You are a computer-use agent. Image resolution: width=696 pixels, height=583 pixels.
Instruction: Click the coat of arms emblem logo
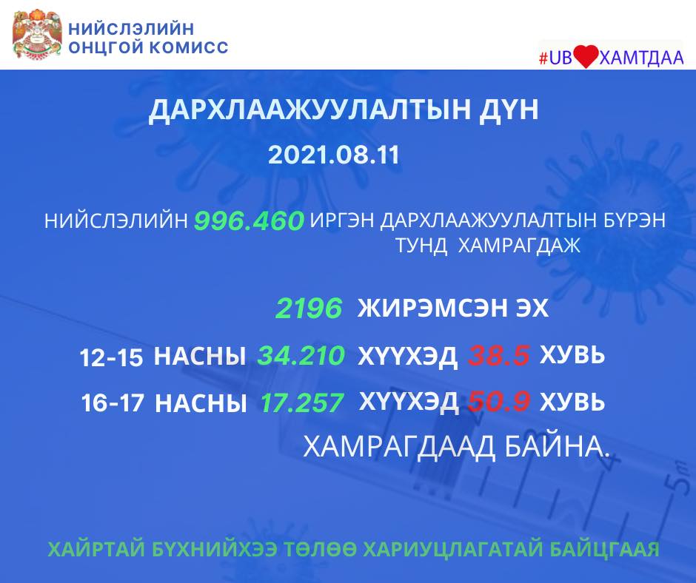pyautogui.click(x=36, y=34)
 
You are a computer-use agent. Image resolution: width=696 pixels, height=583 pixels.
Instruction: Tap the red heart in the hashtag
pyautogui.click(x=586, y=57)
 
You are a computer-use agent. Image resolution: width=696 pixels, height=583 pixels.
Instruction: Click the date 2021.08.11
pyautogui.click(x=334, y=155)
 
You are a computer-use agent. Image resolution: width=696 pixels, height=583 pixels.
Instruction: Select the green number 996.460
pyautogui.click(x=249, y=220)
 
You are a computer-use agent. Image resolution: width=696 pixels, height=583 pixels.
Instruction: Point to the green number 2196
pyautogui.click(x=309, y=309)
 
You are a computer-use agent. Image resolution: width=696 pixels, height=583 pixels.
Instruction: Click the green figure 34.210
pyautogui.click(x=301, y=355)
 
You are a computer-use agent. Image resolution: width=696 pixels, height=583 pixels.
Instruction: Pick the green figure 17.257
pyautogui.click(x=302, y=402)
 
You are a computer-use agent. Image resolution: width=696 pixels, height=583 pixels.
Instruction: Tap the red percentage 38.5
pyautogui.click(x=499, y=356)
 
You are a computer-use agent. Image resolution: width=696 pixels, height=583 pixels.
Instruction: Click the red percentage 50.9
pyautogui.click(x=499, y=401)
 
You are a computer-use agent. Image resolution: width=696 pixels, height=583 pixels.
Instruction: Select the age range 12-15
pyautogui.click(x=111, y=357)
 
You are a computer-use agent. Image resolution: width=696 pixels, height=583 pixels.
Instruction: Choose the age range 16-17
pyautogui.click(x=113, y=403)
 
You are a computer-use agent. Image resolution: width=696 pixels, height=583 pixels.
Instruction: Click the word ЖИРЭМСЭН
pyautogui.click(x=432, y=309)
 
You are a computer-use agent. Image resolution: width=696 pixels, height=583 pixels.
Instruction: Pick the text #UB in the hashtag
pyautogui.click(x=555, y=58)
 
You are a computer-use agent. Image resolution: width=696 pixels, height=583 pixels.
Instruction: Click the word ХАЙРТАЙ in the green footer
pyautogui.click(x=96, y=549)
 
